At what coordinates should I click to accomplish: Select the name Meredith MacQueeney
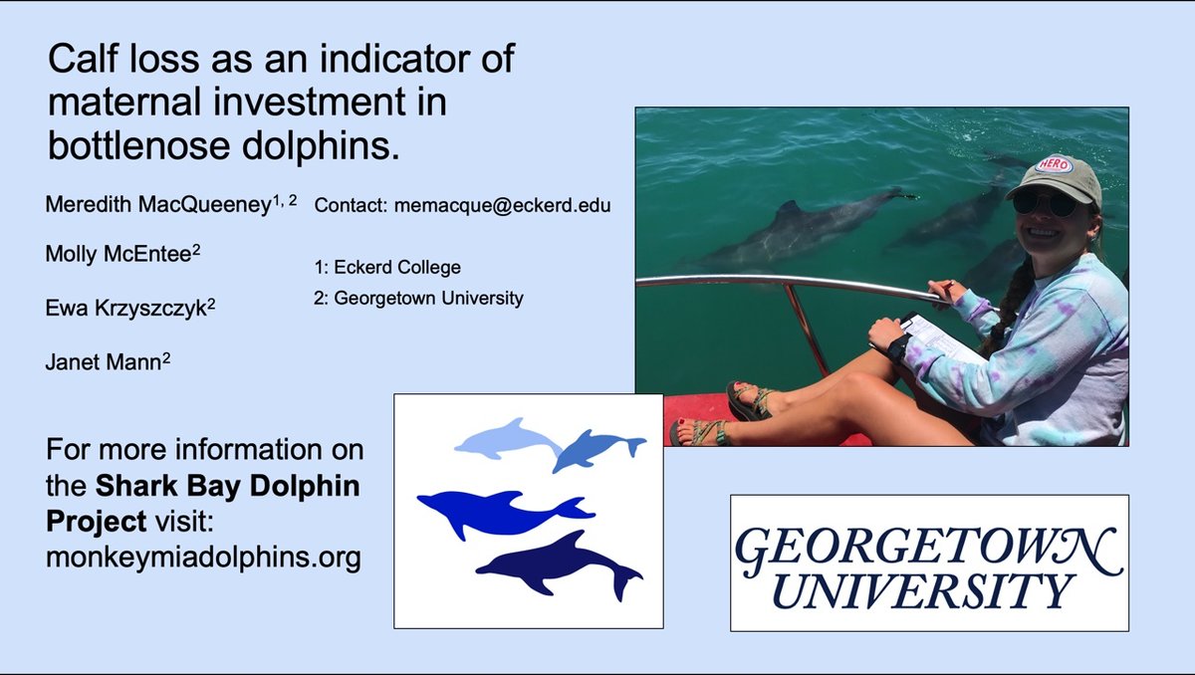[158, 205]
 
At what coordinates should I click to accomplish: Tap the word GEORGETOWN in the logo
[928, 547]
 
